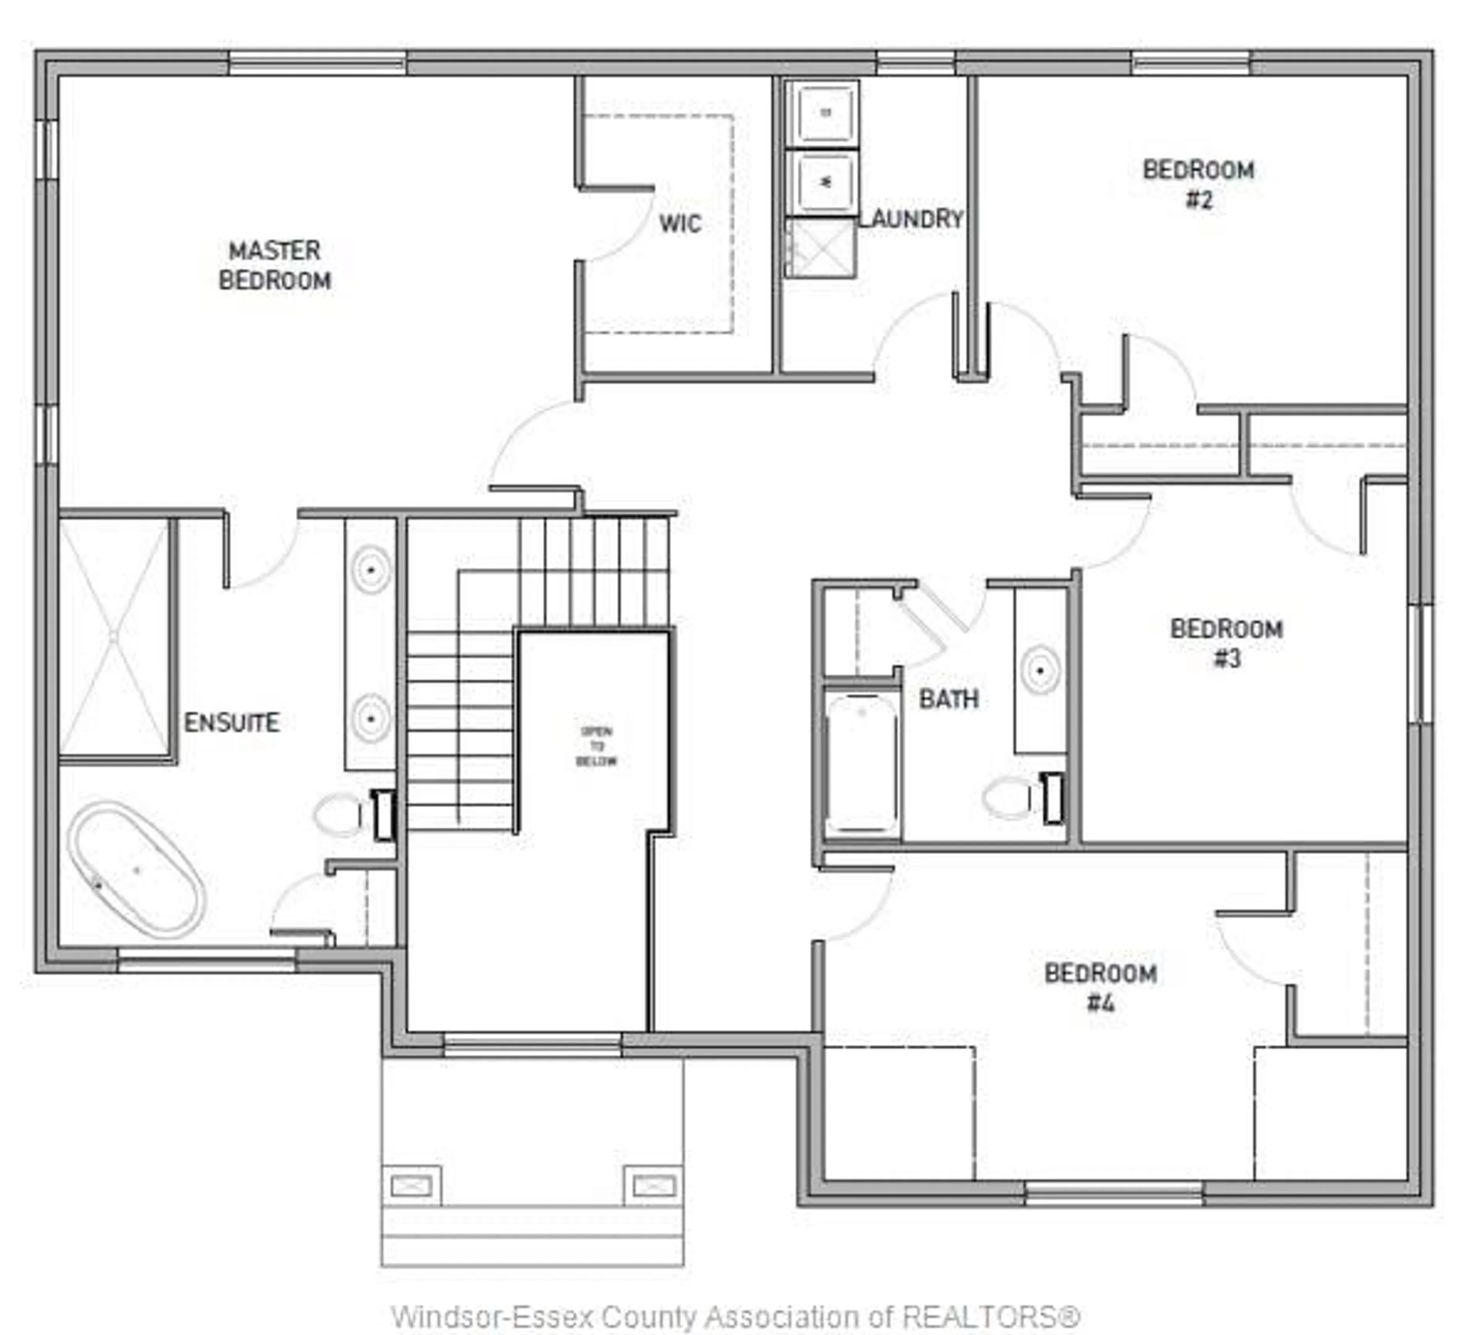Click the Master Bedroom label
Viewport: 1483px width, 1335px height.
pos(274,265)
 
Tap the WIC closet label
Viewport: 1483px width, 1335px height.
pos(679,223)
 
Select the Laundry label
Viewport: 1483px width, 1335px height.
pos(910,219)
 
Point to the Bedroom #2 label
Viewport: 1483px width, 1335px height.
pos(1198,184)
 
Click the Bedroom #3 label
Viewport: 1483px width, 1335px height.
pos(1225,642)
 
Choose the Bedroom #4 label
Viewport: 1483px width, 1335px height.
pos(1100,987)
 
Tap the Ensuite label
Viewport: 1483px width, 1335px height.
pos(231,722)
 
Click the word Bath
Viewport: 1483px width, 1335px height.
pos(949,699)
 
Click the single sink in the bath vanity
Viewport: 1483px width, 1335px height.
pos(1039,669)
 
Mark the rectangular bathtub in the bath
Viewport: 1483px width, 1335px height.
pos(861,763)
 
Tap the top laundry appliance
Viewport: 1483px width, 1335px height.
pos(825,112)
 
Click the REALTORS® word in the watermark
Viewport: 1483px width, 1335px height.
pos(990,1317)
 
